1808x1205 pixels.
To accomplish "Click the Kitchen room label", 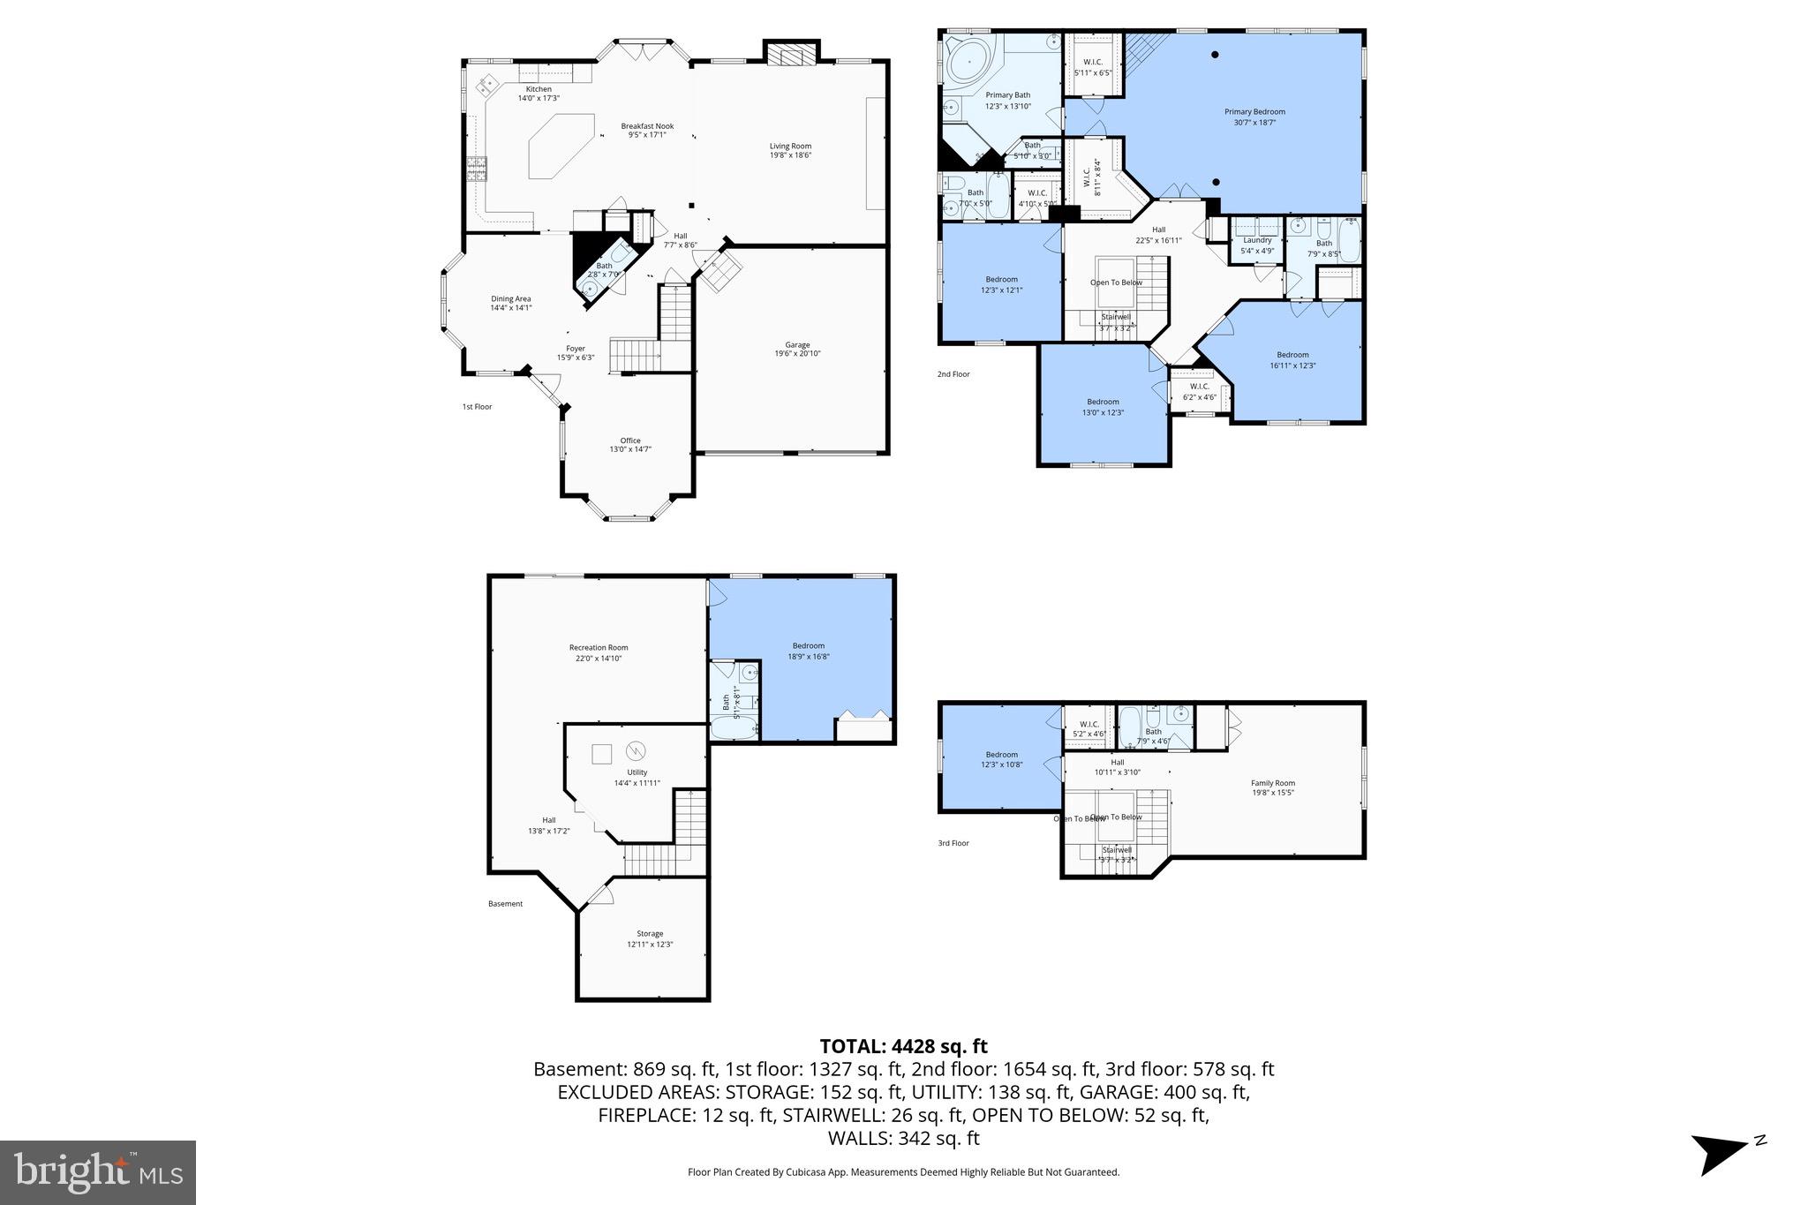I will (x=539, y=89).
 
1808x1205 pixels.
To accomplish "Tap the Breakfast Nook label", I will (x=646, y=126).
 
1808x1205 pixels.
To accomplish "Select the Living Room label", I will (x=790, y=147).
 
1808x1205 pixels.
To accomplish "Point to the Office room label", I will (x=629, y=441).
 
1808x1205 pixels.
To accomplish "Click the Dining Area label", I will (x=510, y=299).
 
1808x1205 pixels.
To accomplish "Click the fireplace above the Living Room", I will (x=791, y=56).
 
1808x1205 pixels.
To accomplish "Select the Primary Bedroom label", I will (x=1254, y=112).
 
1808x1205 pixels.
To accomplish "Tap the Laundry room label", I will (x=1257, y=240).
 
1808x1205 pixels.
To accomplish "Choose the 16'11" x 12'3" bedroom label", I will (x=1292, y=355).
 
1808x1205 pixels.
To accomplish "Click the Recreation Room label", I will (x=599, y=648).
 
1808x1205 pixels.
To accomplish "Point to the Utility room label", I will (x=637, y=772).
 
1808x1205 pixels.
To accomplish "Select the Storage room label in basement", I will (x=650, y=934).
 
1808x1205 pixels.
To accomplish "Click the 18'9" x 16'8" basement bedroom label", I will (x=808, y=646).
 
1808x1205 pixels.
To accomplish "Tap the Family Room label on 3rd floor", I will (x=1272, y=783).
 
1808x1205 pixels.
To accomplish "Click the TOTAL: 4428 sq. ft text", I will (x=903, y=1047).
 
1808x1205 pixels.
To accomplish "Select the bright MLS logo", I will (x=98, y=1172).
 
